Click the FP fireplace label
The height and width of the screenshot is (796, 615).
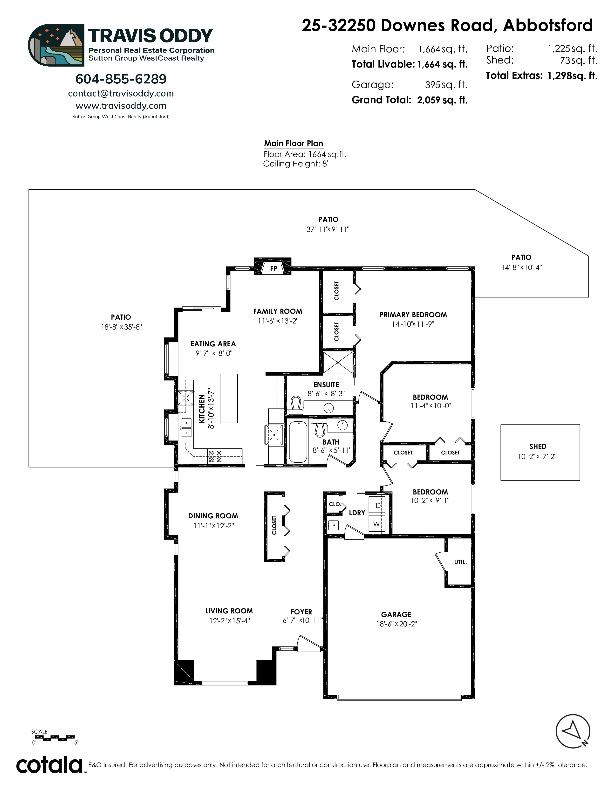(274, 269)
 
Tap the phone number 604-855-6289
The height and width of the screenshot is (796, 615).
(121, 79)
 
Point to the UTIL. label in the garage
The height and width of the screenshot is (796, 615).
(460, 562)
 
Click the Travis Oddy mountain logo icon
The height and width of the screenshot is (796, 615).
(56, 45)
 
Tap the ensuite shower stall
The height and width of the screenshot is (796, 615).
(338, 362)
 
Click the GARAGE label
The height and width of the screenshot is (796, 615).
(396, 615)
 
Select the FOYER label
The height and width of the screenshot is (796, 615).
(301, 612)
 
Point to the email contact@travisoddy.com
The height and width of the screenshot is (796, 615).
(121, 93)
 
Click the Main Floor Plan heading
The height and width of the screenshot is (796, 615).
(294, 144)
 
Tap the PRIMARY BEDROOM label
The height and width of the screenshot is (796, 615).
(413, 315)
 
